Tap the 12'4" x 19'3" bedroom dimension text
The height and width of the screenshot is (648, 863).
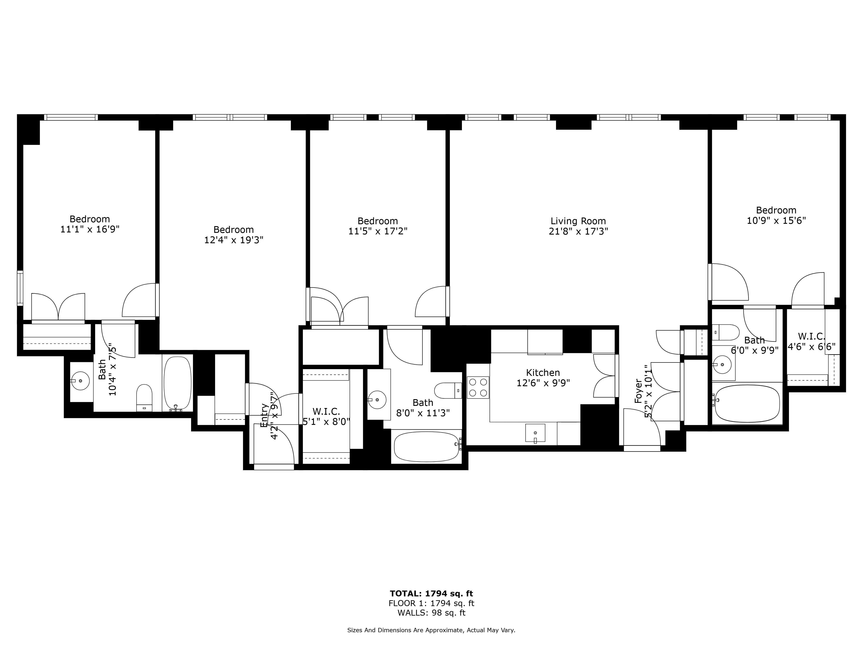(234, 240)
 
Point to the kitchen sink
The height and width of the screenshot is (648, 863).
(535, 433)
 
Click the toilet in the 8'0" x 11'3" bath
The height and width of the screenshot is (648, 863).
(448, 390)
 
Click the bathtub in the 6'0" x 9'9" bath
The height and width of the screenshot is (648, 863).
(746, 403)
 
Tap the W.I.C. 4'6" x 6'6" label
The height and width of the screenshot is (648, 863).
(811, 341)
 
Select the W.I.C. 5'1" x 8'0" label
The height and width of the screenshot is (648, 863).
(326, 416)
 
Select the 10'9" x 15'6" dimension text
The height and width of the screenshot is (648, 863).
(776, 221)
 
